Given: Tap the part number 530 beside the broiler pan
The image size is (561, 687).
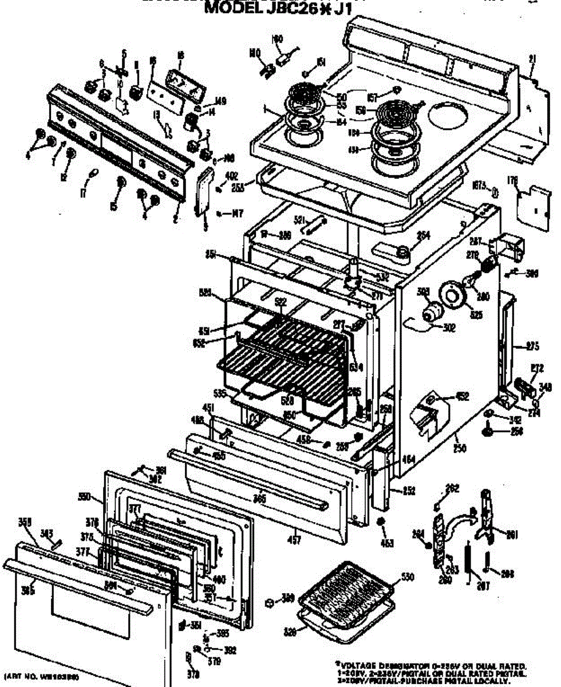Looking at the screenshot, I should point(407,578).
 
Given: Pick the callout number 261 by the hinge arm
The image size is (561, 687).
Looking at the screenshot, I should point(512,535).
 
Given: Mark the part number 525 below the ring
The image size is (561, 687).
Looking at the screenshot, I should point(475,314).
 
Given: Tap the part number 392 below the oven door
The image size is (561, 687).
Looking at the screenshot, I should point(230,650).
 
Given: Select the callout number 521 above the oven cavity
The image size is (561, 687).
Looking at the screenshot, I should point(299,219).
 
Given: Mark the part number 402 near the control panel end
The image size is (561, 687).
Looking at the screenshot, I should point(231,176).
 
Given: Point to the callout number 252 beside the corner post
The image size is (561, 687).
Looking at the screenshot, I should point(408,491).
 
